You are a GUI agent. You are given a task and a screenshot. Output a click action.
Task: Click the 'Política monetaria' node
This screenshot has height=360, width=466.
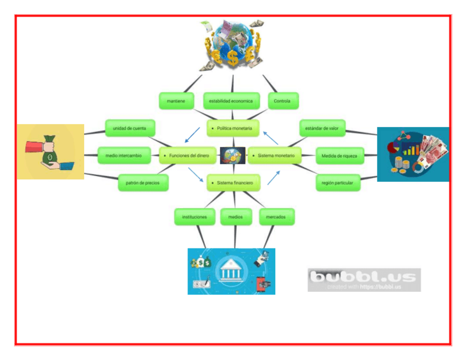tap(233, 129)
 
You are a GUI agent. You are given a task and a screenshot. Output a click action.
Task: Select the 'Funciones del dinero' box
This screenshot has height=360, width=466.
tap(187, 156)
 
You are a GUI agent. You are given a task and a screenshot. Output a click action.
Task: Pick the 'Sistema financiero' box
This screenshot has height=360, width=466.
tap(233, 182)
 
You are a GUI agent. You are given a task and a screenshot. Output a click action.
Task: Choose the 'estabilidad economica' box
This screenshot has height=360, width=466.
tap(231, 101)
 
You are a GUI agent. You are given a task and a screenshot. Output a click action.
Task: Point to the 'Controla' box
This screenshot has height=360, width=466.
tap(283, 101)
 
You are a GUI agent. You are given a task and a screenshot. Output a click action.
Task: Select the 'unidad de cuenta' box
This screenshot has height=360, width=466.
tap(130, 129)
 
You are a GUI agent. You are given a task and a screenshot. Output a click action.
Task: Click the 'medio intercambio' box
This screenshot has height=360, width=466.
tap(124, 156)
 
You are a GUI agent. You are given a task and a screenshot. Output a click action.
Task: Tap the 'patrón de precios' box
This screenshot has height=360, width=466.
tap(143, 182)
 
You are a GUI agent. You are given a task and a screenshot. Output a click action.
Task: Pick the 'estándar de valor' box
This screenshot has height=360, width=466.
tap(322, 129)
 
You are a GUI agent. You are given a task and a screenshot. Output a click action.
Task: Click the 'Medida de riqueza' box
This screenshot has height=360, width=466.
tap(339, 156)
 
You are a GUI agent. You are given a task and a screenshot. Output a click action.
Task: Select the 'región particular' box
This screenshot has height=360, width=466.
tap(338, 182)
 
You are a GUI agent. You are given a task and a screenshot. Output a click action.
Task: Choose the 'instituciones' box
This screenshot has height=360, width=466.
tap(194, 217)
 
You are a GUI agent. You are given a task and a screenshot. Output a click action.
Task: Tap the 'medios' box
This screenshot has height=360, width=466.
tap(235, 217)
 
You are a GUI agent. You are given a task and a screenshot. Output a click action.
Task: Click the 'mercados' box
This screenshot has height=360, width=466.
tap(276, 217)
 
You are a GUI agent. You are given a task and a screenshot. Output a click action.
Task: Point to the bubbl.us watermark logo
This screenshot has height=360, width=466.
tap(364, 279)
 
